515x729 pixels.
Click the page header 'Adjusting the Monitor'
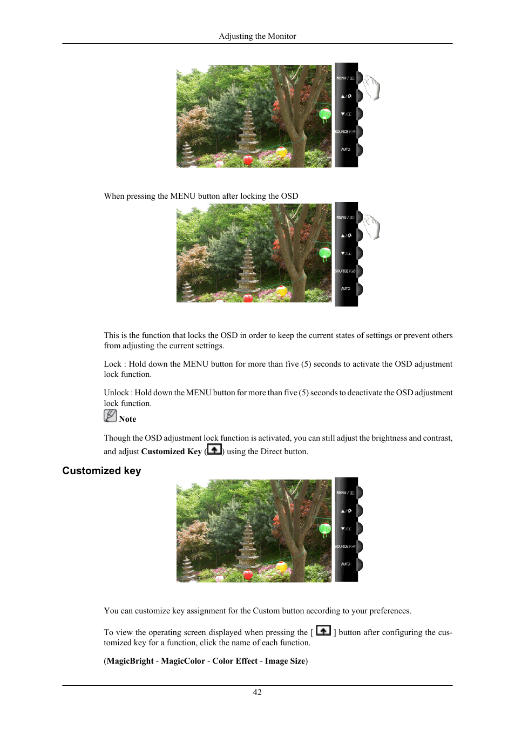[x=257, y=36]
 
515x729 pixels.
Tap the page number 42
[x=257, y=692]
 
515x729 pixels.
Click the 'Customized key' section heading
[x=101, y=470]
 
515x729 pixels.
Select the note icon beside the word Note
[x=110, y=416]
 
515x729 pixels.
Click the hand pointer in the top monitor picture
[x=372, y=87]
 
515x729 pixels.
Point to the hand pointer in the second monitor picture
[x=372, y=227]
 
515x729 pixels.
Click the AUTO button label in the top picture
[x=345, y=150]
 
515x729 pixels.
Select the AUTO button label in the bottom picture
[x=345, y=564]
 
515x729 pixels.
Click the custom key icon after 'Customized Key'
[x=214, y=449]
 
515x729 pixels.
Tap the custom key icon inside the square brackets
[x=323, y=630]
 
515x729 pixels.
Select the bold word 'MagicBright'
[x=130, y=661]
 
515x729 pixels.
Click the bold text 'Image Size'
[x=285, y=661]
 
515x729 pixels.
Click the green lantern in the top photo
[x=325, y=113]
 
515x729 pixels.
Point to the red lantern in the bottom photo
[x=248, y=575]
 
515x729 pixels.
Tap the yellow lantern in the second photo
[x=281, y=291]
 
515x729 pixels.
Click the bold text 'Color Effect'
[x=235, y=661]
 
